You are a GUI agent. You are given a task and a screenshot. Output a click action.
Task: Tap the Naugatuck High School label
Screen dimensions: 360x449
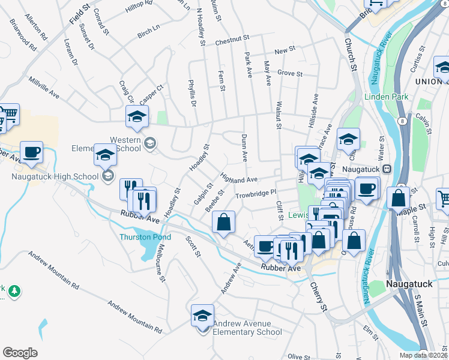pos(54,176)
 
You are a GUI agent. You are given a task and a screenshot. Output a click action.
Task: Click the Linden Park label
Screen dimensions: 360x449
pos(386,97)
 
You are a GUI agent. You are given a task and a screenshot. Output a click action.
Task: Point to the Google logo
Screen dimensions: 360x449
pos(20,353)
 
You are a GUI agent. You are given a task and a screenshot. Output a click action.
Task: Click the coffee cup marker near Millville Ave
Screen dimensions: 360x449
pos(31,152)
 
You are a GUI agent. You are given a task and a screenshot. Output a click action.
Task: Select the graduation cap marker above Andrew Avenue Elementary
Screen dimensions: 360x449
pos(202,315)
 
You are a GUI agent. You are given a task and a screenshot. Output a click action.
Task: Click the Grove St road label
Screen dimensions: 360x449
pos(289,73)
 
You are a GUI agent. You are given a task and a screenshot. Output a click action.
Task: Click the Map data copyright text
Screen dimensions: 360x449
pos(424,355)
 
